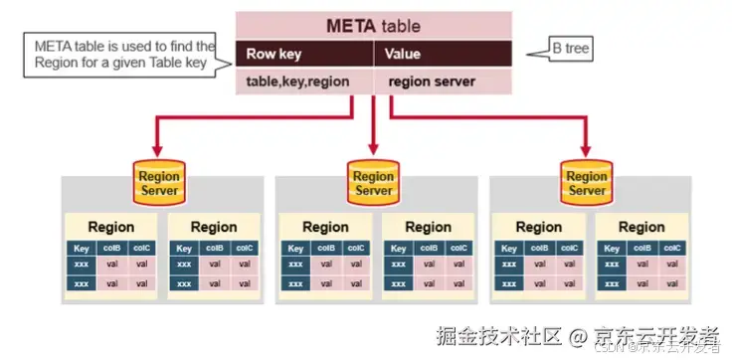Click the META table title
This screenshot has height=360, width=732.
coord(373,25)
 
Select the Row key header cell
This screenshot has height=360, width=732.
coord(274,54)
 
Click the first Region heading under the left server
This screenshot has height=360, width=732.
coord(111,227)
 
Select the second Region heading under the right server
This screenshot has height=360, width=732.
coord(641,227)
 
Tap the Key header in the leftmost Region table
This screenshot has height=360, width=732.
coord(83,249)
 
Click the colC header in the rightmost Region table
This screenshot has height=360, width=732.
coord(671,249)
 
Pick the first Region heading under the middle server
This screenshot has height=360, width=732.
coord(325,227)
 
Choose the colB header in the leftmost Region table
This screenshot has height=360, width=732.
coord(112,249)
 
